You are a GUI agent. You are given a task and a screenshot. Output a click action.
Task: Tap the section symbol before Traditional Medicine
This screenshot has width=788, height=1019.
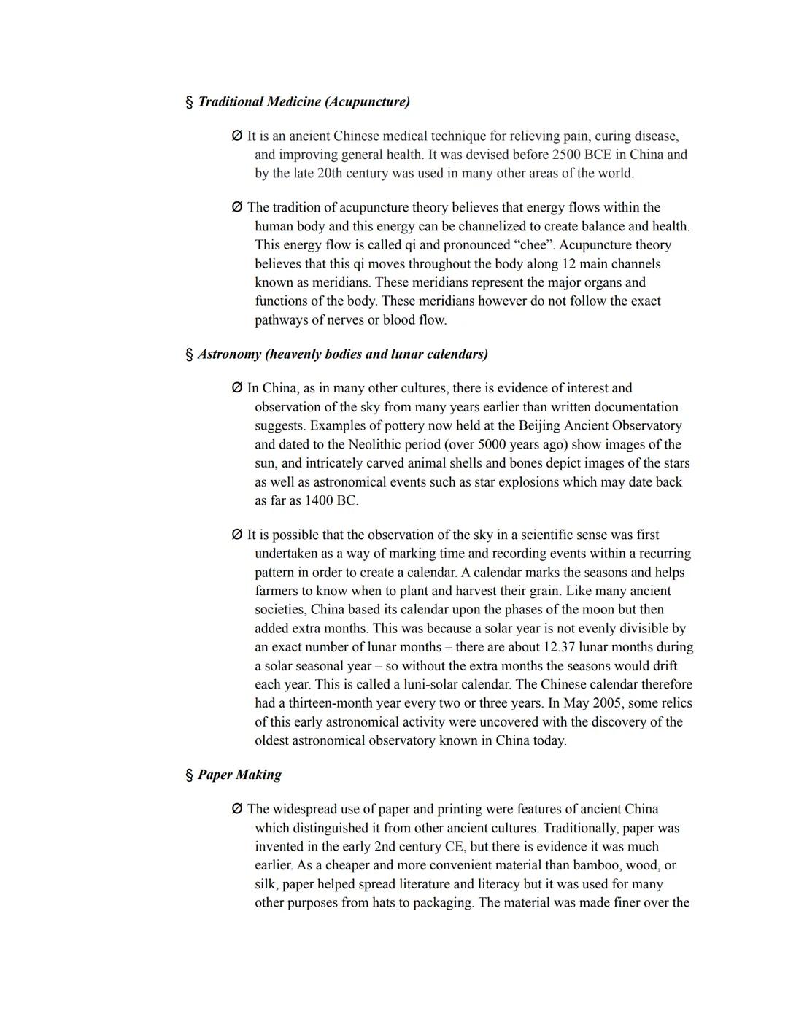190,102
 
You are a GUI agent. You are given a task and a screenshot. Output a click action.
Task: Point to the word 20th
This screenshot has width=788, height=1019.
330,174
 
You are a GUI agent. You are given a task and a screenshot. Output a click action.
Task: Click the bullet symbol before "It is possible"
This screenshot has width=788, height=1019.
236,535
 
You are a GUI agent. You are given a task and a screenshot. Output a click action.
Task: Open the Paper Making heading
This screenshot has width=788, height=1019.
239,775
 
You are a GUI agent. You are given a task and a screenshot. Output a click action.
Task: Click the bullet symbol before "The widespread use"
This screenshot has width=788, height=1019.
236,809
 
